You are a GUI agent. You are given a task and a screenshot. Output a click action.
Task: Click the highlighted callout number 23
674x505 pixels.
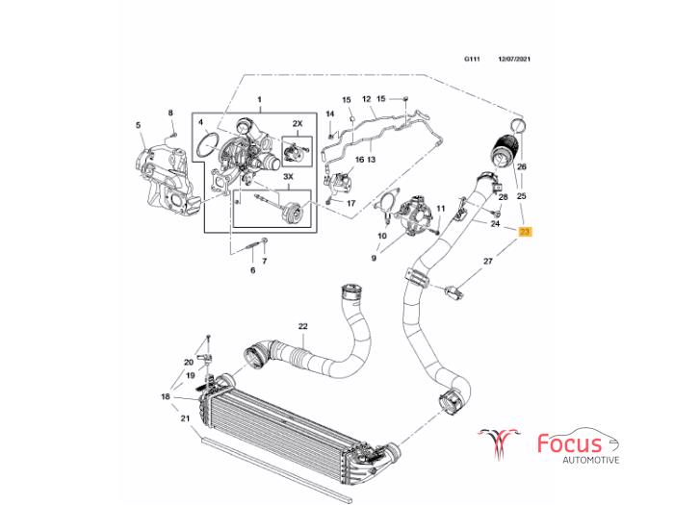524,232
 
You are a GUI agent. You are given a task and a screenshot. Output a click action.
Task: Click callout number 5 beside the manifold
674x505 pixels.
138,125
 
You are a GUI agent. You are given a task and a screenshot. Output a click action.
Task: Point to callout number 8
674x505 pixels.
171,114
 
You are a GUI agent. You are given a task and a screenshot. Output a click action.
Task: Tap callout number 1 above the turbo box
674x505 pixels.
259,100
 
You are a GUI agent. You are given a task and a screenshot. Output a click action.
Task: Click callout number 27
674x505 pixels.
487,261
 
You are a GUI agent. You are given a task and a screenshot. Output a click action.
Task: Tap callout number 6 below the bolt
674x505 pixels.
253,270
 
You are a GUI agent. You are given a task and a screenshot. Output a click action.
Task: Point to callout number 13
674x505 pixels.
372,159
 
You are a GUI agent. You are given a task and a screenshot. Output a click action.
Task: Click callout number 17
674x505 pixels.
350,203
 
